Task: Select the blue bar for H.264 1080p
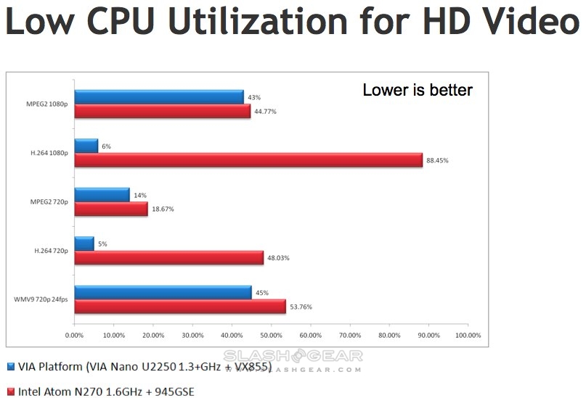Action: point(86,146)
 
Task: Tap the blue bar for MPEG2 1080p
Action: point(159,97)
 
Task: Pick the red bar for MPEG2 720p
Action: point(111,209)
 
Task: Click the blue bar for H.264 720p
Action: point(84,244)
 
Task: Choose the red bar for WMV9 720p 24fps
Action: point(180,307)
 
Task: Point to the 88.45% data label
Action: point(438,160)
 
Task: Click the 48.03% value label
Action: point(279,258)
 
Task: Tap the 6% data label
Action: point(106,146)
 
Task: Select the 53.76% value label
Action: point(301,307)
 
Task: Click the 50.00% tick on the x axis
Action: point(271,335)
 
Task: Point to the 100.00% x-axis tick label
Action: point(467,335)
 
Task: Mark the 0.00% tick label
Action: point(74,335)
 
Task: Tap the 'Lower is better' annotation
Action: point(417,90)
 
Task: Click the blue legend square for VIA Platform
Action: point(10,366)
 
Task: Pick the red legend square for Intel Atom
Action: point(10,391)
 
